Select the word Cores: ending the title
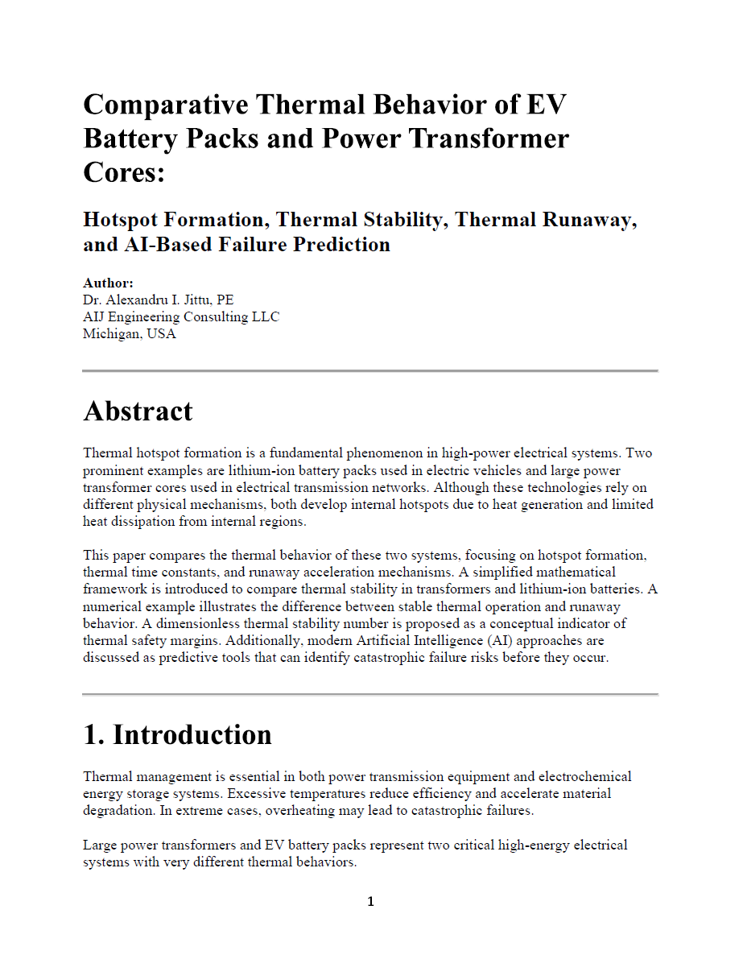coord(124,172)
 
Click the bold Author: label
coord(108,283)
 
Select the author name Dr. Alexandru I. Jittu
coord(148,300)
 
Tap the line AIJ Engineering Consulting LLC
coord(181,316)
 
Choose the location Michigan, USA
coord(130,333)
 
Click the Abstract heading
coord(138,411)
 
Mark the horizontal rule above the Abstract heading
coord(370,370)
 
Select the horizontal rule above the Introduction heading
coord(370,693)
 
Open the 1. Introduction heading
coord(177,734)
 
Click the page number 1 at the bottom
coord(370,902)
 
